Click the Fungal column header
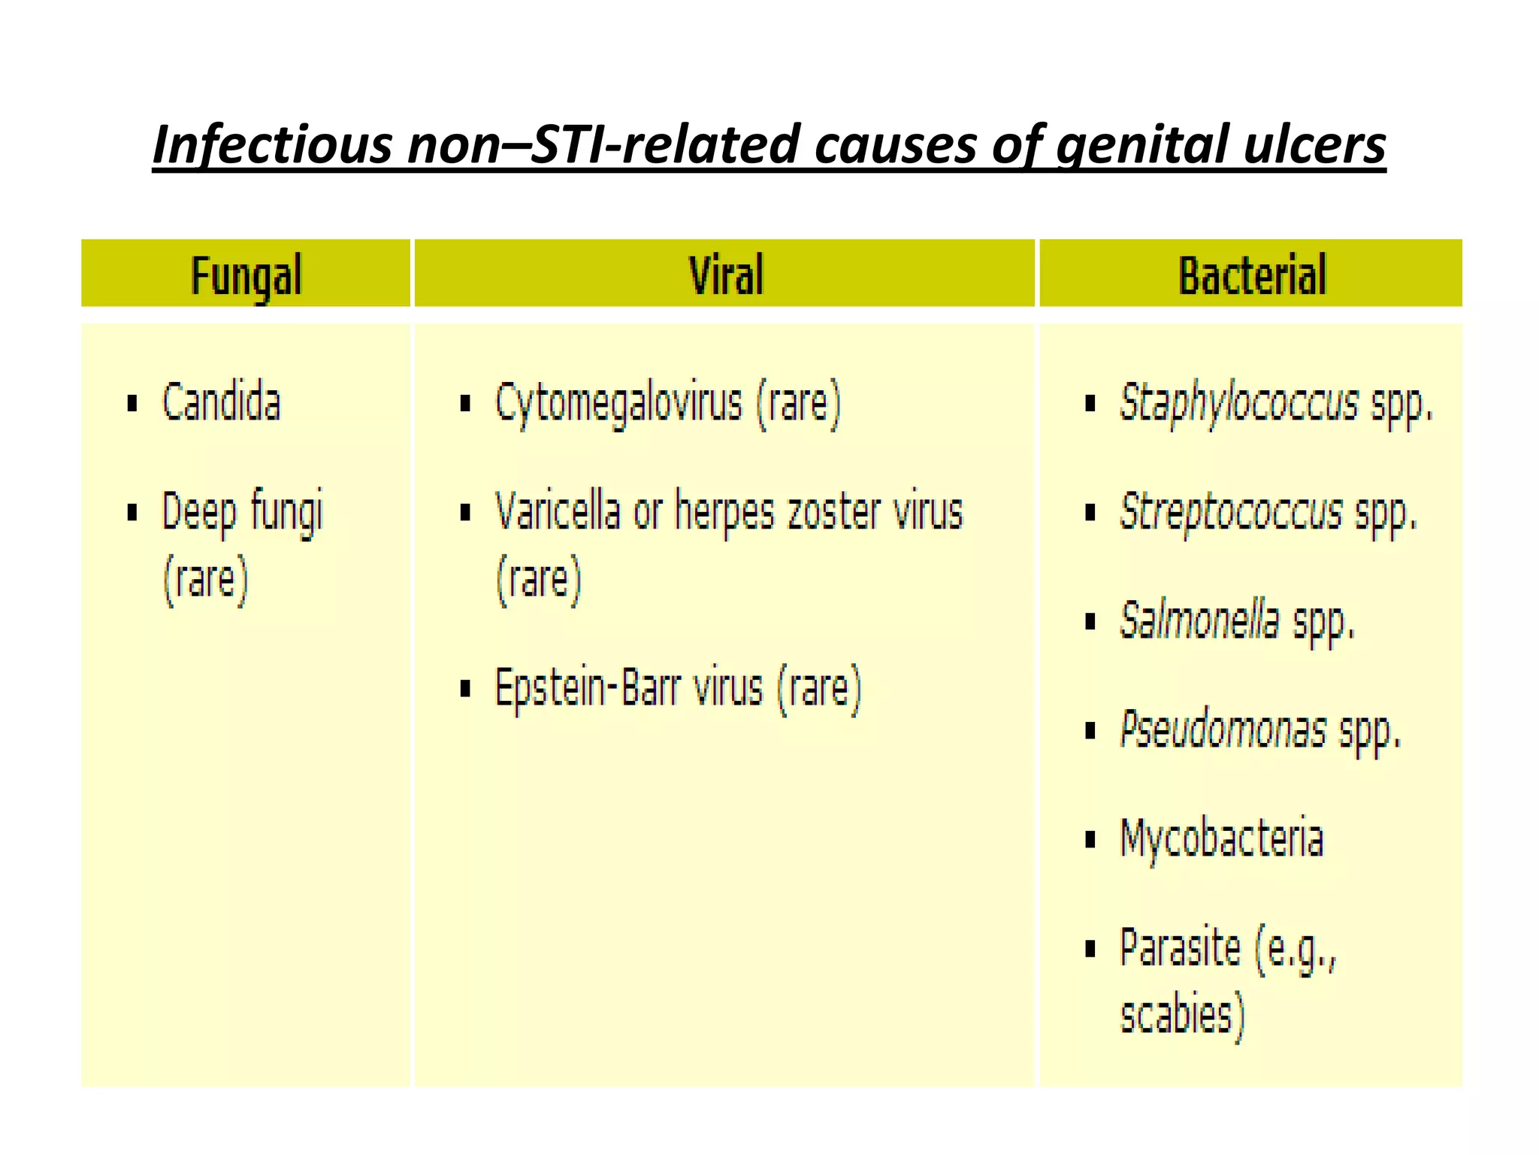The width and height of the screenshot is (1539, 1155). [246, 275]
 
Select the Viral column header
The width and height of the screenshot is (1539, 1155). [726, 274]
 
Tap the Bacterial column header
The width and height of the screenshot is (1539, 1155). [1252, 275]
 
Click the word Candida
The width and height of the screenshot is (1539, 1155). [221, 402]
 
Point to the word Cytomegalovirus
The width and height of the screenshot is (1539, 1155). [618, 404]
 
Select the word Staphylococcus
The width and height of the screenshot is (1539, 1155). [1238, 404]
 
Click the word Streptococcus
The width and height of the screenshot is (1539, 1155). [1230, 513]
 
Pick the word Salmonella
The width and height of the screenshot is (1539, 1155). [1199, 621]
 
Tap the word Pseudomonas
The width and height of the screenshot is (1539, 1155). [1223, 730]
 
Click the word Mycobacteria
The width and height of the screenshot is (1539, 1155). [1221, 839]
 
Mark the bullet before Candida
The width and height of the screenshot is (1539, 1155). [133, 404]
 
